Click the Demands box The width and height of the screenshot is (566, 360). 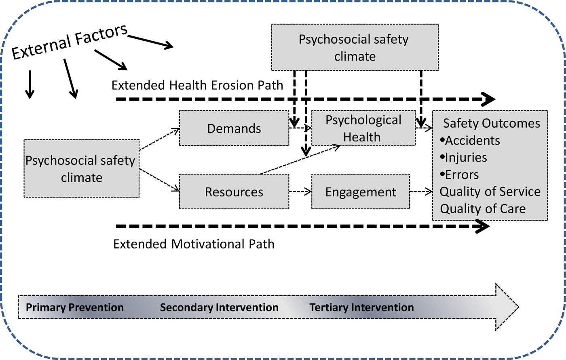point(234,128)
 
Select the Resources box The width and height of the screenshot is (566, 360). point(234,192)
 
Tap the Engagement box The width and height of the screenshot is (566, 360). point(361,192)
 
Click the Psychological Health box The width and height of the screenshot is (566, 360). point(363,128)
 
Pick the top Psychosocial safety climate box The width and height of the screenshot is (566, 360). point(354,48)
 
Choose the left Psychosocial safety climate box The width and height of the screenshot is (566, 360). point(81,169)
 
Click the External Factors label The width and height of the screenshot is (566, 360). point(70,42)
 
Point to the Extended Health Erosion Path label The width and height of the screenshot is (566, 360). point(197,85)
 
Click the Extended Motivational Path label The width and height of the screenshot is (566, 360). point(194,244)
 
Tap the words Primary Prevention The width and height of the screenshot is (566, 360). point(75,307)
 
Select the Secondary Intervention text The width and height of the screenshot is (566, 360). point(219,307)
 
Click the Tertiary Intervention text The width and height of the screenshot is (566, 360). point(361,307)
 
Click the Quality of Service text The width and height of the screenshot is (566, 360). point(490,192)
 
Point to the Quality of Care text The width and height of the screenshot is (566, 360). point(483,209)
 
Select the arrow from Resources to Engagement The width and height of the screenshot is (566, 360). point(300,192)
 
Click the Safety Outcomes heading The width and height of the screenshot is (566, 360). point(491,123)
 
